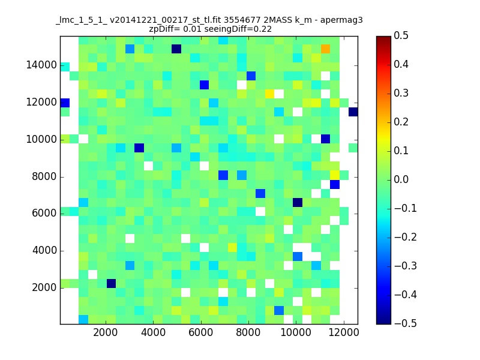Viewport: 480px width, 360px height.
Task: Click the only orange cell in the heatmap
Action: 325,49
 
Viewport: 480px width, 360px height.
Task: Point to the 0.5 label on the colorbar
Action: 401,35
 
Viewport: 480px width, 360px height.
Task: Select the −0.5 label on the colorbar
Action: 406,323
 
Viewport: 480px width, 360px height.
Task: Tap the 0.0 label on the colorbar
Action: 401,179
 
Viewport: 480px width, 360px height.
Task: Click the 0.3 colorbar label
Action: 401,93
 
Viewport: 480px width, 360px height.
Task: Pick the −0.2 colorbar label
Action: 406,237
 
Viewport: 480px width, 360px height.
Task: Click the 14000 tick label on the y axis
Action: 41,65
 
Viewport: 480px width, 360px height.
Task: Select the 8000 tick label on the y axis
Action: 44,176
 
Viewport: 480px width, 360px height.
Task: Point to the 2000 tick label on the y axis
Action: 44,288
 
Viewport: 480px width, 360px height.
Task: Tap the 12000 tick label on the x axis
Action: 343,333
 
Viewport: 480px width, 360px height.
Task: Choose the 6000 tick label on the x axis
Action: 201,333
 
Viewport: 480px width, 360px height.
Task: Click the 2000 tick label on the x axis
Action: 106,333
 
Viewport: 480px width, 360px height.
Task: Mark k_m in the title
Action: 304,20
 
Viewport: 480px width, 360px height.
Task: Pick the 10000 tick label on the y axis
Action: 41,140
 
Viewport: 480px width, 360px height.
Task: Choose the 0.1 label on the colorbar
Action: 401,151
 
